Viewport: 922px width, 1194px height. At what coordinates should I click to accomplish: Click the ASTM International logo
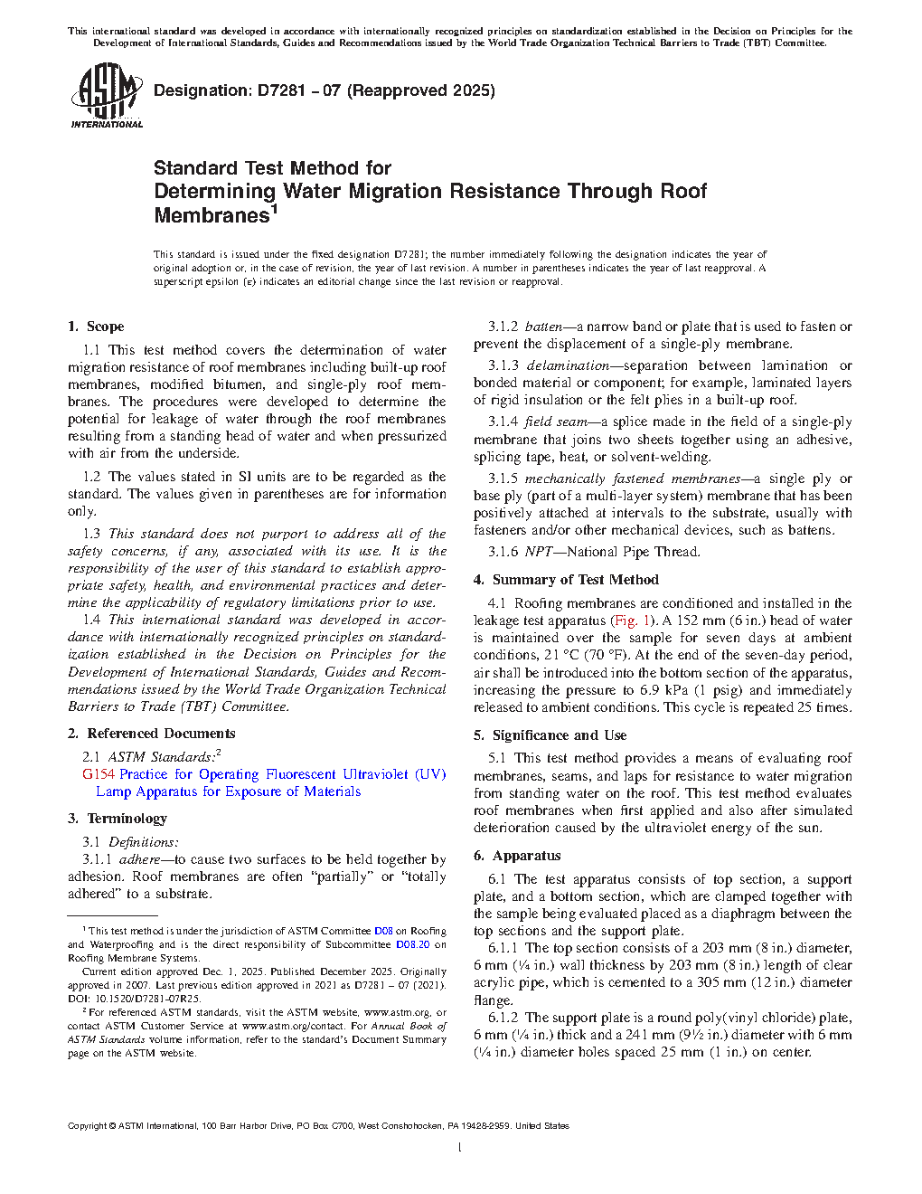106,95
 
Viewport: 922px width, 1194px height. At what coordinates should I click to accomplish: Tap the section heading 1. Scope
96,327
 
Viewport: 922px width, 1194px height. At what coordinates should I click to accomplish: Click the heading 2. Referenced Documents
152,734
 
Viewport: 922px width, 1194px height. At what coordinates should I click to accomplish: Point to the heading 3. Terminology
118,819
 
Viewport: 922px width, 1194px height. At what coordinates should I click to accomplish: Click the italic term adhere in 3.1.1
139,859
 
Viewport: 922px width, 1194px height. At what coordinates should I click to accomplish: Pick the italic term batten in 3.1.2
543,327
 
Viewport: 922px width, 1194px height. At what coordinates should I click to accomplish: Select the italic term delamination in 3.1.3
568,365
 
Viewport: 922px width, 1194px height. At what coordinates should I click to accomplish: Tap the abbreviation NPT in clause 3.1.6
539,552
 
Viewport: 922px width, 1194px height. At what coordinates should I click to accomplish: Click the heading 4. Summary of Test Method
566,580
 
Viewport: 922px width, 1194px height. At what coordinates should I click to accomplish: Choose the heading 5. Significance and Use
550,735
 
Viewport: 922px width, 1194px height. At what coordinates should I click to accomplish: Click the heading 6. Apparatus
517,856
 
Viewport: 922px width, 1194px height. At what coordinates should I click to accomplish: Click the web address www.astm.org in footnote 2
396,1012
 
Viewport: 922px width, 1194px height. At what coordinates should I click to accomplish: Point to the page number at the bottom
460,1148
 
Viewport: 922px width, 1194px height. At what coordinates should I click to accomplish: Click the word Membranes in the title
212,215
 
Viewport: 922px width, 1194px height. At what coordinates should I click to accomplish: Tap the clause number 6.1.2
503,1018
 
